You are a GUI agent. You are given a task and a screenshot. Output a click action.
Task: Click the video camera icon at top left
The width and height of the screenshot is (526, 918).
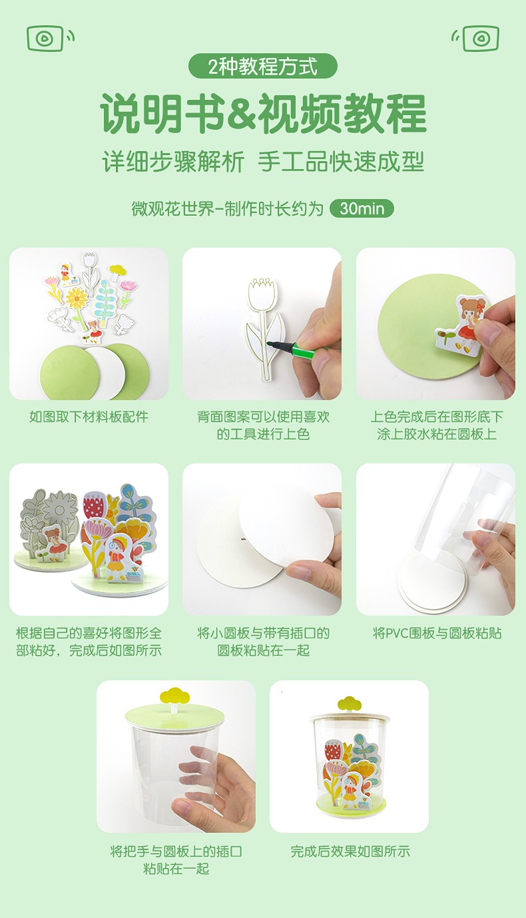pos(50,38)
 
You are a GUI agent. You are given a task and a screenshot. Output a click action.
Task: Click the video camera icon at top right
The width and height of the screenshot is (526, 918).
pos(475,38)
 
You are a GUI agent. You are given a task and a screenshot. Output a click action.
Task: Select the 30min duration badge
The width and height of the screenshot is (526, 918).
pos(362,208)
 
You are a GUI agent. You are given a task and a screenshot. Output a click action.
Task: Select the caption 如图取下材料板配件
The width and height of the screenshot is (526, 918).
pos(89,417)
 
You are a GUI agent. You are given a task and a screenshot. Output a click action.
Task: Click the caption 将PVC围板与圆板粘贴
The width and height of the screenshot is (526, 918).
pos(437,633)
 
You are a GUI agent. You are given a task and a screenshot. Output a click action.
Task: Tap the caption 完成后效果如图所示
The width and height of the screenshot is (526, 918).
pos(350,851)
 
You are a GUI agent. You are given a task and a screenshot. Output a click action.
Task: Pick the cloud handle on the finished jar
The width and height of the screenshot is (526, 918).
pos(350,704)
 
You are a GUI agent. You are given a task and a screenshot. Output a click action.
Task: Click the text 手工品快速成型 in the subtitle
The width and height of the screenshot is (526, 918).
pos(341,162)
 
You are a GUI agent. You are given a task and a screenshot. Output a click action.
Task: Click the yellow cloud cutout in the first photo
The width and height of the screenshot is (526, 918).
pos(118,270)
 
